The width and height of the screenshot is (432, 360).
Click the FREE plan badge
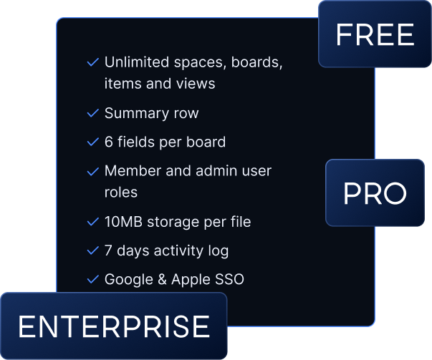pos(375,34)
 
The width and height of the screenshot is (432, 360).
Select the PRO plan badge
pos(375,193)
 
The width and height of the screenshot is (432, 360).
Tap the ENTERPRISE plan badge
pos(113,326)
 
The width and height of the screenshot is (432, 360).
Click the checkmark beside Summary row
pos(92,113)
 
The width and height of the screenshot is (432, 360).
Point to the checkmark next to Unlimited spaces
pos(92,62)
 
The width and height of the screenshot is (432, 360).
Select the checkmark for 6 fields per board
pos(92,142)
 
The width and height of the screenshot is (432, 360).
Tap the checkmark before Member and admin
pos(92,172)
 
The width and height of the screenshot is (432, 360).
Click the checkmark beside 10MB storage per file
pos(92,222)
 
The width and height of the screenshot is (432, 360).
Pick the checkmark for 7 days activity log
pos(92,250)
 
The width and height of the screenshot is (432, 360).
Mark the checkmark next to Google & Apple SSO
pos(92,279)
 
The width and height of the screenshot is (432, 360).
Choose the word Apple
pos(189,279)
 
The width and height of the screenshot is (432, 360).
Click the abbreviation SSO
pos(228,279)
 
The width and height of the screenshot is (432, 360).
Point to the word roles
pos(120,193)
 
